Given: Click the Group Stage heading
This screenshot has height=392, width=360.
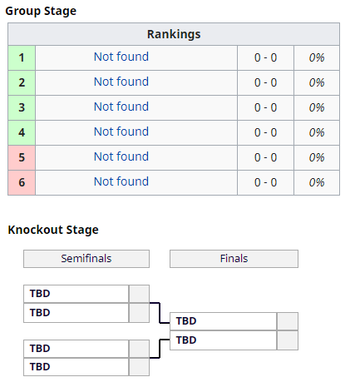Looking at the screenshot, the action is click(41, 11).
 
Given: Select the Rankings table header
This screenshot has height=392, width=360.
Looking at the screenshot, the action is click(174, 34).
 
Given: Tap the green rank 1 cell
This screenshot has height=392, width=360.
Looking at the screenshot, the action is click(22, 57).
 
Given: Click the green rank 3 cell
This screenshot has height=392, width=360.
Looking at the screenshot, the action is click(22, 107).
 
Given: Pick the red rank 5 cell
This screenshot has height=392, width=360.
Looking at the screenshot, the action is click(22, 157).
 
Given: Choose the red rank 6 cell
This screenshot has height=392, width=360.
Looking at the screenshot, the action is click(22, 182).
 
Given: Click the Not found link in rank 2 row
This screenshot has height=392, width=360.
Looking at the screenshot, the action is click(121, 82).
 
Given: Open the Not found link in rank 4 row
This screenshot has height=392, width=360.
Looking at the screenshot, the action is click(121, 131).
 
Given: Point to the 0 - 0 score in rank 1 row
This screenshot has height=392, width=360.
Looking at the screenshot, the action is click(265, 57).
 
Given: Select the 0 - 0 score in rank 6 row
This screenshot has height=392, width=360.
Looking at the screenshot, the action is click(265, 182).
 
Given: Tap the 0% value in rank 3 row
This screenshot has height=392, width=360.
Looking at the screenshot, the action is click(317, 107).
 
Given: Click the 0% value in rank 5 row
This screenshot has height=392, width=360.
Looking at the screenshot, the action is click(317, 157).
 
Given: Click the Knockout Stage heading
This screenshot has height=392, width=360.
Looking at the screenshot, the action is click(53, 230).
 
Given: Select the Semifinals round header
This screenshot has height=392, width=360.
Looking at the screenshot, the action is click(86, 259).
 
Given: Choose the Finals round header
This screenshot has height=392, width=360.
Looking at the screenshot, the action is click(234, 259).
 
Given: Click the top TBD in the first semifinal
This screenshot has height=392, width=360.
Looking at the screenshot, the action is click(40, 294).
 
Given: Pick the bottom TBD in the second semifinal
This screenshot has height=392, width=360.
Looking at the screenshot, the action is click(40, 367).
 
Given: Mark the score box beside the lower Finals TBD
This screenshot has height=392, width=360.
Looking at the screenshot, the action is click(288, 340).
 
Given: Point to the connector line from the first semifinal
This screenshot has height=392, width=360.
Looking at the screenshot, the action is click(160, 313).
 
